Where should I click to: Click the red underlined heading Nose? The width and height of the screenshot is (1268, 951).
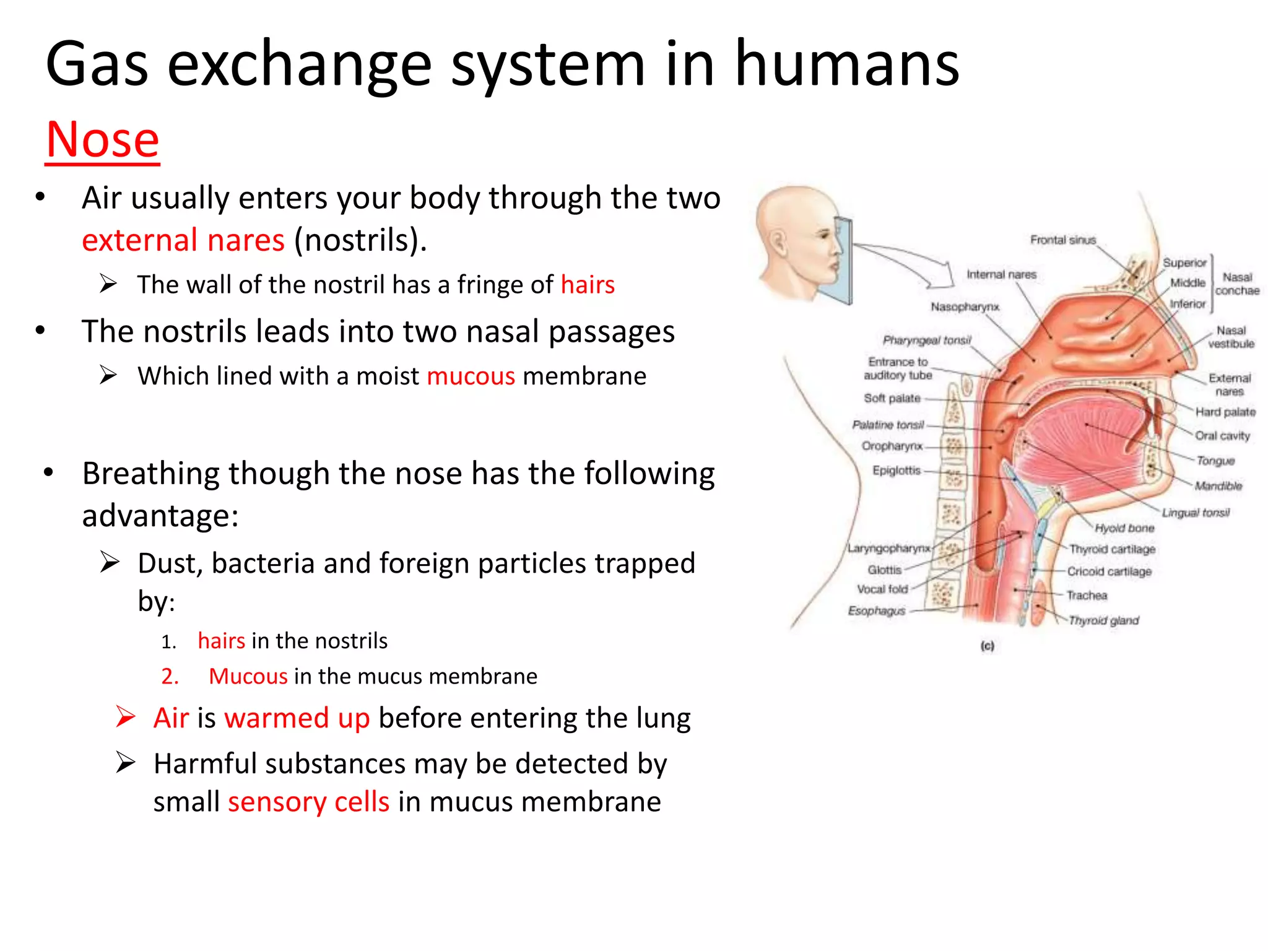[x=103, y=141]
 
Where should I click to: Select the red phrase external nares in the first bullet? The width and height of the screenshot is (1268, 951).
[x=183, y=240]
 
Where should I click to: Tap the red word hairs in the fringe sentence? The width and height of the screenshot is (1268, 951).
[x=587, y=285]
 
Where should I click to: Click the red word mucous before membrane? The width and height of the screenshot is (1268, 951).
[x=471, y=376]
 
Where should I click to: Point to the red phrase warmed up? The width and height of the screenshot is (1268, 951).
[x=297, y=718]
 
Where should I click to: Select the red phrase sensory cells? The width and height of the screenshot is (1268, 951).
[x=308, y=802]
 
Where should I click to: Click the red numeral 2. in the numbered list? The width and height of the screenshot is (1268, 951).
[x=170, y=677]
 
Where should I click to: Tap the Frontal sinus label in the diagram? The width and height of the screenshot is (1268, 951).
[x=1062, y=240]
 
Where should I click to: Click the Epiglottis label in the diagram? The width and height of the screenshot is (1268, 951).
[x=896, y=471]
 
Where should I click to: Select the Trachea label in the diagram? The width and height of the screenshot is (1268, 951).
[x=1087, y=596]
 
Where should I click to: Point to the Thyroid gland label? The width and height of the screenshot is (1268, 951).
[x=1103, y=620]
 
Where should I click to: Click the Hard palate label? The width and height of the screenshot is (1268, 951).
[x=1225, y=412]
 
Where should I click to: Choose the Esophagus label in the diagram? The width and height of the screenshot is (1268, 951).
[x=876, y=611]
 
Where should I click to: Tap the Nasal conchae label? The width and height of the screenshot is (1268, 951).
[x=1236, y=284]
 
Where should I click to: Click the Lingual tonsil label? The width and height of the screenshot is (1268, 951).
[x=1195, y=513]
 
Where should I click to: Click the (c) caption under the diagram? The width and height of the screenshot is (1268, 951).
[x=987, y=646]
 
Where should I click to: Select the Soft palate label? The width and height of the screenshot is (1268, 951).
[x=892, y=398]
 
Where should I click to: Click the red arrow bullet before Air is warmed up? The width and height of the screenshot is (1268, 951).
[x=126, y=717]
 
